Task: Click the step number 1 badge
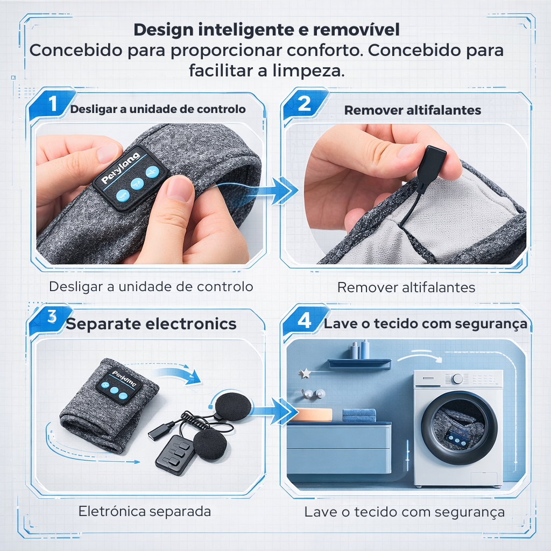52,104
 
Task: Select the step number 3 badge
52,317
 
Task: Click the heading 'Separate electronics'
151,324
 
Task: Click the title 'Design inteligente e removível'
266,30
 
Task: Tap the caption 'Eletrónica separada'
144,511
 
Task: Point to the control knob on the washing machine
457,379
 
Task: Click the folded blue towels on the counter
359,415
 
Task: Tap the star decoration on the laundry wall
305,372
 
